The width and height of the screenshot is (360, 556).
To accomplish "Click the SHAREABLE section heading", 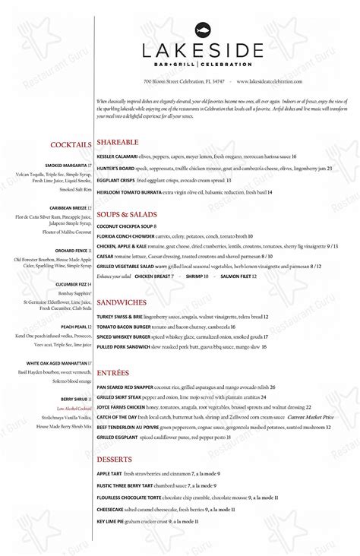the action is pos(117,141).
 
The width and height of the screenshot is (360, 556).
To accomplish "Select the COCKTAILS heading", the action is pos(71,144).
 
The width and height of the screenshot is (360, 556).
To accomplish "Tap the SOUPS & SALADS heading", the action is pos(127,215).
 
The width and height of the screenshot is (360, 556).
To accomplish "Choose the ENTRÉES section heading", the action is pos(113,373).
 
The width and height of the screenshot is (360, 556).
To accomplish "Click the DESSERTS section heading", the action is pos(115,460).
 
